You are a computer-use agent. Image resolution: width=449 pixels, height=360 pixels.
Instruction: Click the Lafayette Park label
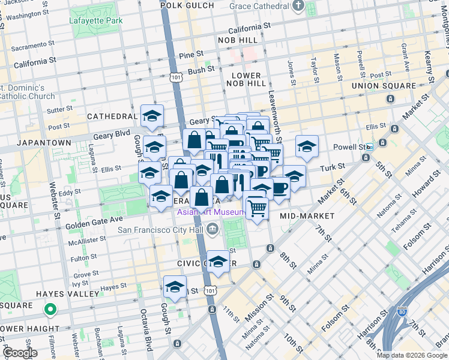coord(96,20)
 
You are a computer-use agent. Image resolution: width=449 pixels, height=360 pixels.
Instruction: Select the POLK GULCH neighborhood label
coord(187,5)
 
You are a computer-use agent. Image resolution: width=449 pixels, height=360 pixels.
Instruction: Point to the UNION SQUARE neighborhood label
coord(383,86)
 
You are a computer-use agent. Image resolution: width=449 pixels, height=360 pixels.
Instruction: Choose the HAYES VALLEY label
coord(67,294)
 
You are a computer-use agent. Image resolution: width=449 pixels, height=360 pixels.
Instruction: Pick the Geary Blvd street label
coord(111,136)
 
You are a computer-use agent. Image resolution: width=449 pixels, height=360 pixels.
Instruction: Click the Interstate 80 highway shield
coord(402,312)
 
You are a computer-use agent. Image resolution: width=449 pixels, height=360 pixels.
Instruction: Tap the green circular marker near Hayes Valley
coord(50,310)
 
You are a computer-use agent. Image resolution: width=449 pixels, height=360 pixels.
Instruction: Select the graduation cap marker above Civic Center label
coord(218,262)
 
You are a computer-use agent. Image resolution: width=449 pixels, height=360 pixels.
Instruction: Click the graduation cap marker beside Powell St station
coord(307,146)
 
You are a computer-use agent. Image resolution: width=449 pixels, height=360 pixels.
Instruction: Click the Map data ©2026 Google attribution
coord(412,355)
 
